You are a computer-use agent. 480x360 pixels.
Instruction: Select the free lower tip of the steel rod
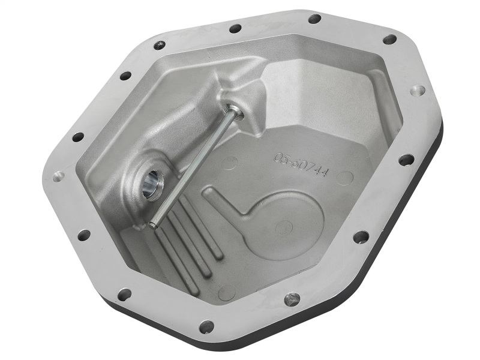coord(154,225)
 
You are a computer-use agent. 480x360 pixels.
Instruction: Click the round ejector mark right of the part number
coord(344,178)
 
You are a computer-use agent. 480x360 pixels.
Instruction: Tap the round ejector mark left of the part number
coord(230,163)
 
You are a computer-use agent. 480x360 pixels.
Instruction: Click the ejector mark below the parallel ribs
coord(226,292)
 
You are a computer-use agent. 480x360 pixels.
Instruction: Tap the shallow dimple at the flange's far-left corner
coord(59,176)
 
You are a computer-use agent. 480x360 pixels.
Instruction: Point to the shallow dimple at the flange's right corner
coord(418,91)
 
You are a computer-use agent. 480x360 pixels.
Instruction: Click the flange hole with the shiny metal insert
coord(292,298)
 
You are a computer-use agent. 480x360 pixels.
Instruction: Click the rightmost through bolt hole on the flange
coord(406,160)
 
